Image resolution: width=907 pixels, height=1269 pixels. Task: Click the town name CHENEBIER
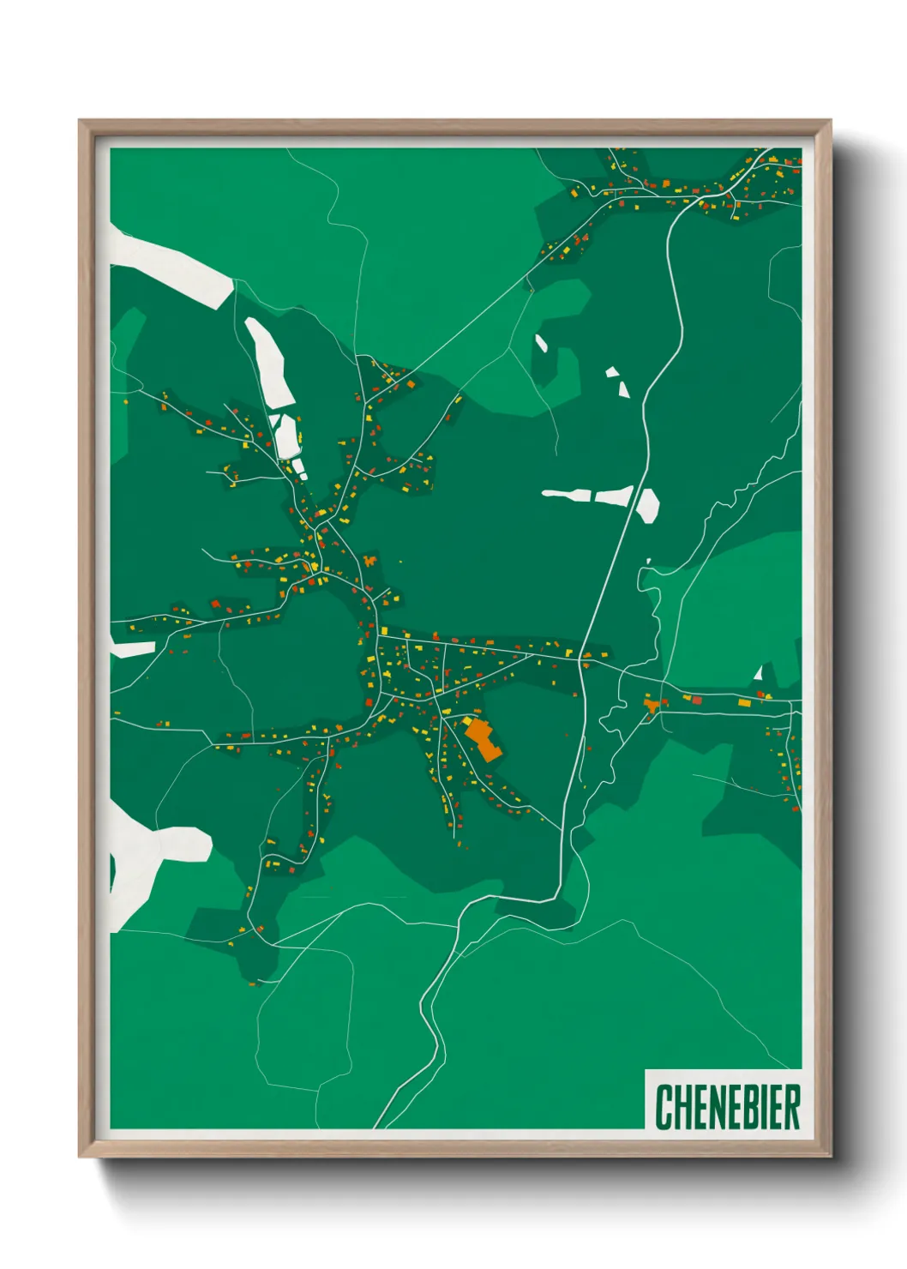[x=728, y=1107]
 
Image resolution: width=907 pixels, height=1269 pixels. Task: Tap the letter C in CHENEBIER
[x=664, y=1107]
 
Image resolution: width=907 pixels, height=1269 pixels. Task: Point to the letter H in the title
[x=681, y=1107]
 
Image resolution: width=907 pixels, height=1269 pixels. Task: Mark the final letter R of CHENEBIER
[x=791, y=1107]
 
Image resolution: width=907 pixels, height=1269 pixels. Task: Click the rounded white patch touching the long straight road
[x=647, y=505]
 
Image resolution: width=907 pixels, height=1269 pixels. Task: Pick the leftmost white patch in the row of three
[x=568, y=494]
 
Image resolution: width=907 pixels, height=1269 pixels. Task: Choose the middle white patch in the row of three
[x=613, y=496]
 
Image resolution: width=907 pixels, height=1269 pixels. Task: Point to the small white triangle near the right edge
[x=758, y=674]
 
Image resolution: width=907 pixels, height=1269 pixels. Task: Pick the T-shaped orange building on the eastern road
[x=654, y=705]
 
